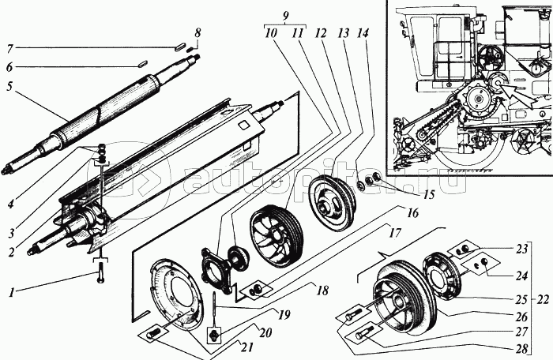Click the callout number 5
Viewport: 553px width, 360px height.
pyautogui.click(x=9, y=87)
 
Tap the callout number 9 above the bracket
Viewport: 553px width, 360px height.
pyautogui.click(x=286, y=16)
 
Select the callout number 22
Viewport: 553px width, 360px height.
pyautogui.click(x=544, y=299)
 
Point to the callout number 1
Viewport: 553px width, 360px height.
pyautogui.click(x=12, y=292)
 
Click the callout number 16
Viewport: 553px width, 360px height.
pyautogui.click(x=412, y=213)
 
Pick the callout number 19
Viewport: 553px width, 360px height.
pyautogui.click(x=284, y=314)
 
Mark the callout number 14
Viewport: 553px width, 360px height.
pyautogui.click(x=362, y=33)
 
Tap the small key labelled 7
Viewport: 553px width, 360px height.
pyautogui.click(x=180, y=47)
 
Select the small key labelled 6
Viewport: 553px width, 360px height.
pyautogui.click(x=142, y=63)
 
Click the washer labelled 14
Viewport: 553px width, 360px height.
pyautogui.click(x=360, y=184)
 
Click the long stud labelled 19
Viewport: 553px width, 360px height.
pyautogui.click(x=214, y=306)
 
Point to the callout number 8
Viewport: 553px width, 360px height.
pyautogui.click(x=197, y=33)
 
